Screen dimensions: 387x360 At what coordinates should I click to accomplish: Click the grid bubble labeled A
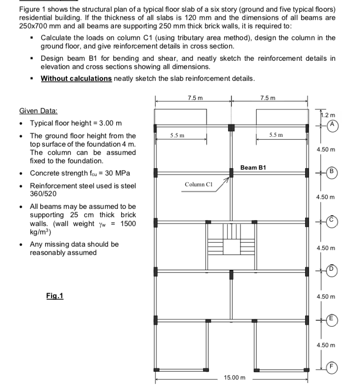[x=333, y=125]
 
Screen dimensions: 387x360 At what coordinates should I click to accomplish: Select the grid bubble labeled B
[x=333, y=172]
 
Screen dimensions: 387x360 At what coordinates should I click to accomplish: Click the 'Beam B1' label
[x=253, y=167]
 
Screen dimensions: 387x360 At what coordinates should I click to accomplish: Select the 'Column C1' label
[x=198, y=184]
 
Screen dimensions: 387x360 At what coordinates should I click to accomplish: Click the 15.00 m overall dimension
[x=234, y=378]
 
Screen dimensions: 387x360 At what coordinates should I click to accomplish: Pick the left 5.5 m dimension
[x=177, y=135]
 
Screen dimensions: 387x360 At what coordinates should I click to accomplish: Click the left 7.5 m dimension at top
[x=193, y=98]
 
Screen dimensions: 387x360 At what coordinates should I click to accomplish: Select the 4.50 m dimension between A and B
[x=326, y=149]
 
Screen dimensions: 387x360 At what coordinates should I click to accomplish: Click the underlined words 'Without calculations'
[x=76, y=78]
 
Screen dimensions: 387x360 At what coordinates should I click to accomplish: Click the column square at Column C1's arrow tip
[x=231, y=173]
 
